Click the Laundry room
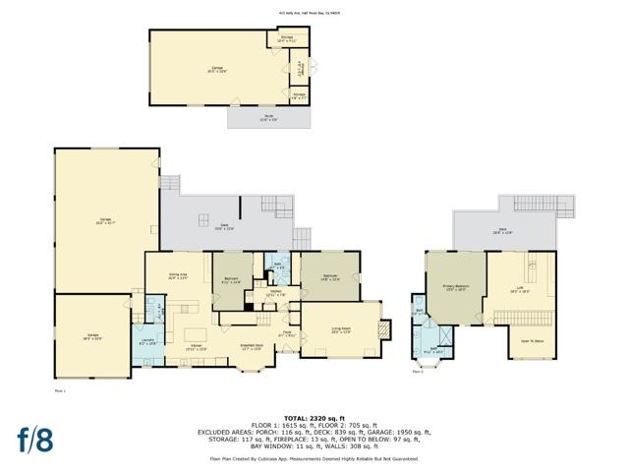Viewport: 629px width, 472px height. [x=146, y=342]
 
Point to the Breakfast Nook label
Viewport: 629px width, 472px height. [x=252, y=346]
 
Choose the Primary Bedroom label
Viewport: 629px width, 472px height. [x=454, y=288]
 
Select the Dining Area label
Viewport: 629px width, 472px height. [x=177, y=277]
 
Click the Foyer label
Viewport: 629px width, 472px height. [x=288, y=333]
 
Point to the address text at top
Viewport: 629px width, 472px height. [x=314, y=14]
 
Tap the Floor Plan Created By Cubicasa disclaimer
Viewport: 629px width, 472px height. [x=314, y=458]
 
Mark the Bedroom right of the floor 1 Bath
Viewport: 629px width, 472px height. [x=329, y=277]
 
